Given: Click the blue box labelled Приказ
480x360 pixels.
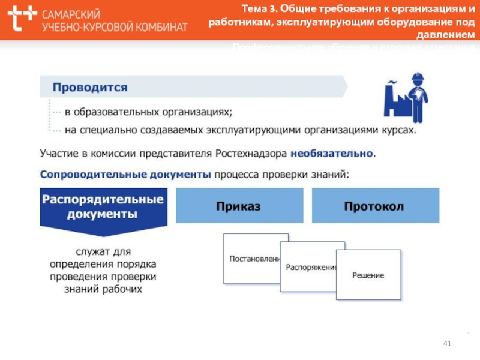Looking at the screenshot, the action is (x=238, y=206).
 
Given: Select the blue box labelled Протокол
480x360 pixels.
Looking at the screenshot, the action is (x=374, y=206).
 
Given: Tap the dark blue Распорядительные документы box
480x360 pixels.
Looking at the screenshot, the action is (x=102, y=206).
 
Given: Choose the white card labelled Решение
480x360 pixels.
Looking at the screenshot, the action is (x=368, y=275).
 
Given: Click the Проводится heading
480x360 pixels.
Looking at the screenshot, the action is (x=90, y=87).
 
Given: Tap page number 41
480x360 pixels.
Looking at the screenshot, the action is (x=446, y=343).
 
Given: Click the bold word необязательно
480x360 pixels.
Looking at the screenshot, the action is (x=332, y=154).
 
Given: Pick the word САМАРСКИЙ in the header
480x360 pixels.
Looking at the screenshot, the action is (x=71, y=14).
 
